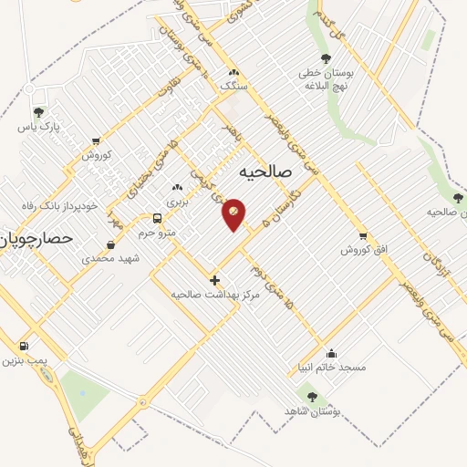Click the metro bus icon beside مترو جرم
(158, 219)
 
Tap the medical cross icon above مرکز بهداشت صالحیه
(214, 280)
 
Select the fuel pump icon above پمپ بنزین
(23, 347)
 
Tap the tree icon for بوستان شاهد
(313, 397)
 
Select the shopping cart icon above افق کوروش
(363, 234)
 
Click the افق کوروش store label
(361, 249)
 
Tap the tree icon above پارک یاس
(39, 112)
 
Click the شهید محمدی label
(108, 259)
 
